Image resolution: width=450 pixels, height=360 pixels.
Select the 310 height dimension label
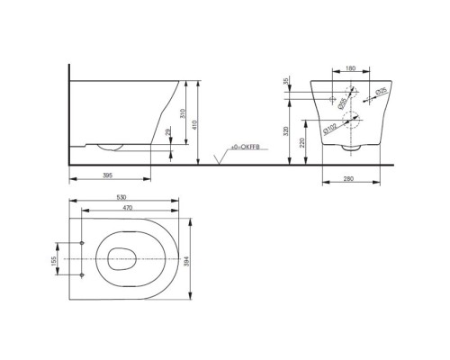(x=184, y=113)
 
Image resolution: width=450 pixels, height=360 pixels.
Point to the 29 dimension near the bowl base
(x=168, y=133)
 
